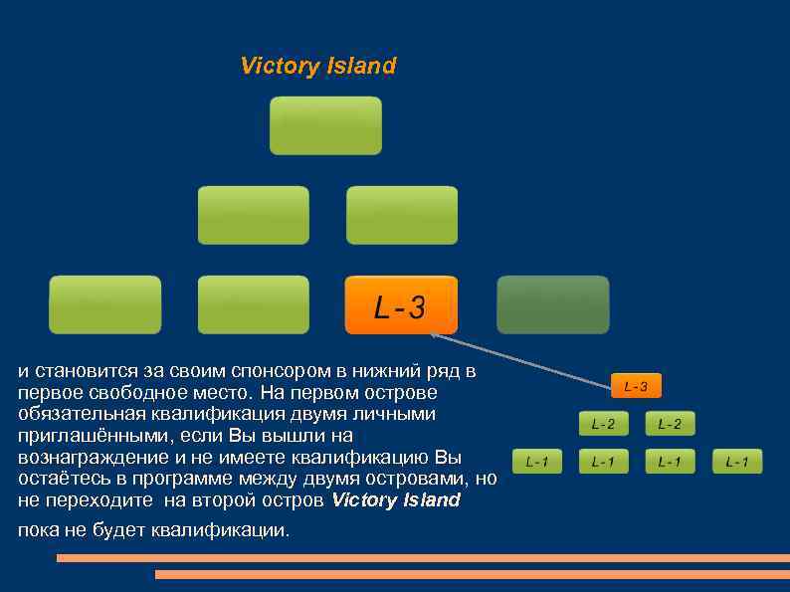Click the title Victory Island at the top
318,67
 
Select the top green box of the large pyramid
325,125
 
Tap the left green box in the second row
253,215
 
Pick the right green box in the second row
402,215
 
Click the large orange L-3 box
401,305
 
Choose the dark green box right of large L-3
553,304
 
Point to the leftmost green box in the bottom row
104,304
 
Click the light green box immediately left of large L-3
253,304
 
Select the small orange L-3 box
636,386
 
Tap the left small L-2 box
603,425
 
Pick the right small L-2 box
670,425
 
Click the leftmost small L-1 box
536,462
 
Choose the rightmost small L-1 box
737,462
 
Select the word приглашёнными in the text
86,436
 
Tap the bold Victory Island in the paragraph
396,499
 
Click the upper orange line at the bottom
423,558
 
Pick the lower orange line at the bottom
472,574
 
